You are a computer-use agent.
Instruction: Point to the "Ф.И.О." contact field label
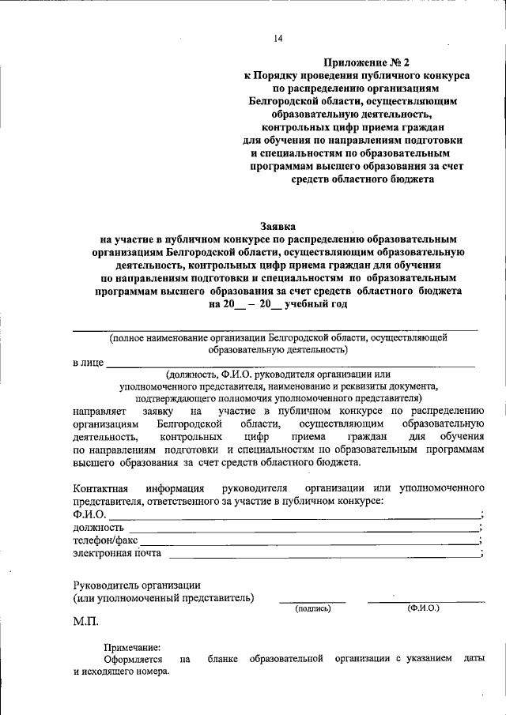pyautogui.click(x=89, y=514)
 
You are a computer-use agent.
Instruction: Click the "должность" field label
pyautogui.click(x=98, y=527)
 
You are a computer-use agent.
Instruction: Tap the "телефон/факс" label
pyautogui.click(x=105, y=540)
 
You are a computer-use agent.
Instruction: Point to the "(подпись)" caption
pyautogui.click(x=312, y=609)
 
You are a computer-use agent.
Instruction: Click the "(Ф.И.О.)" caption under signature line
pyautogui.click(x=424, y=608)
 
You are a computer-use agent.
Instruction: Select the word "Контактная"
pyautogui.click(x=100, y=488)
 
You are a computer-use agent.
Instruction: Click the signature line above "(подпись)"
pyautogui.click(x=312, y=603)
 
